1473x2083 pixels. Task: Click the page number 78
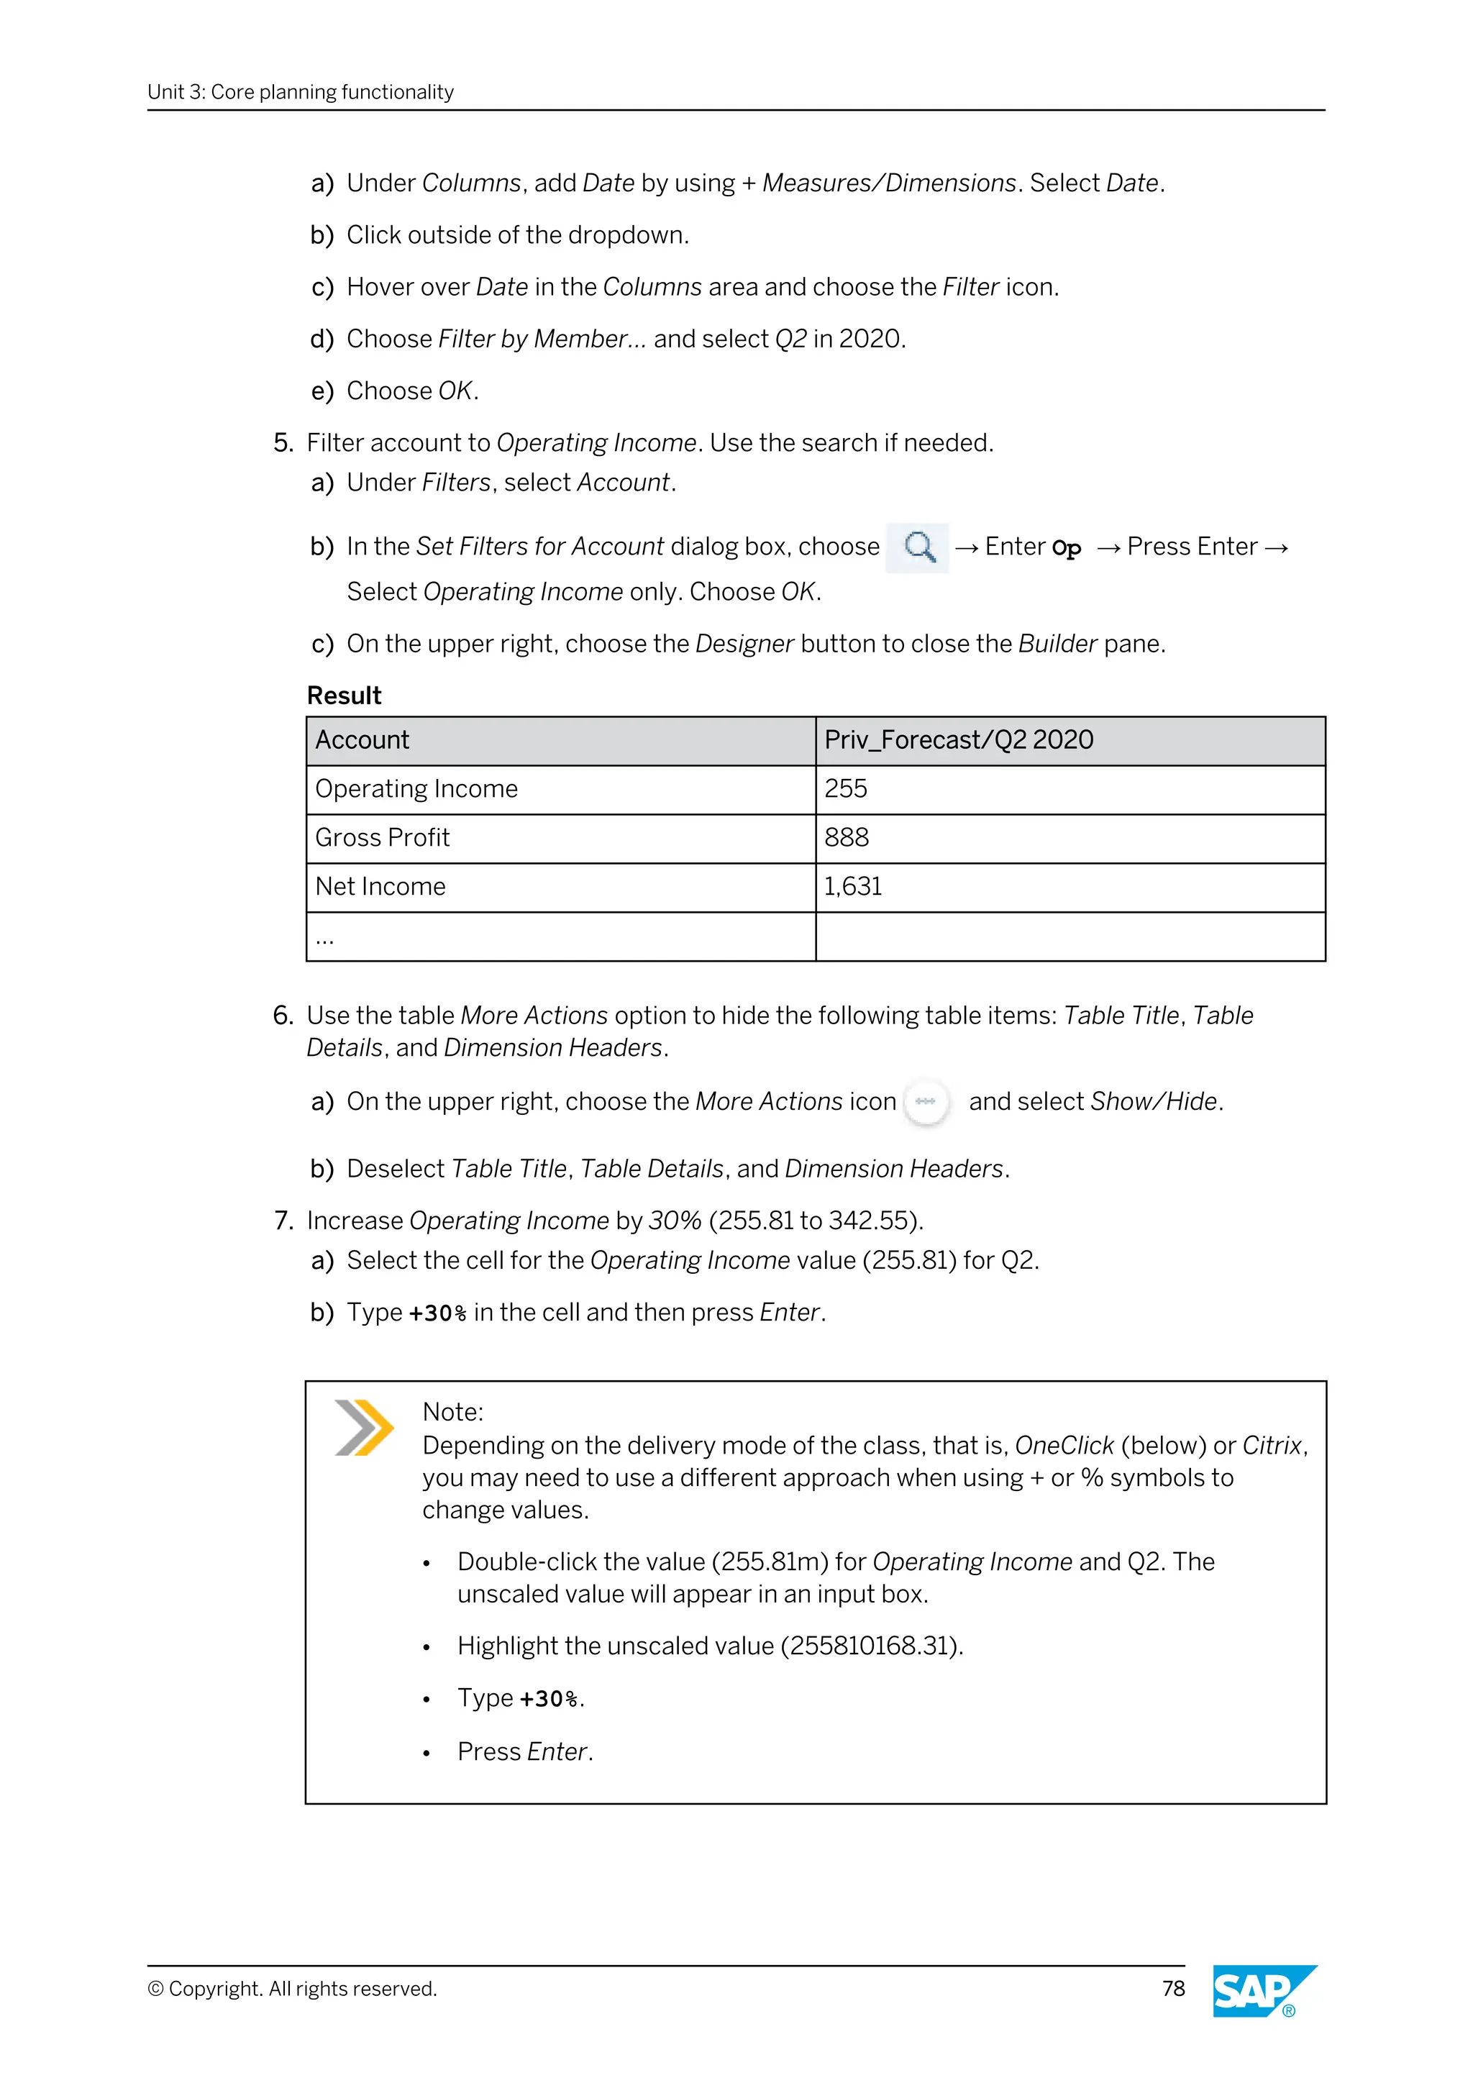pyautogui.click(x=1173, y=1989)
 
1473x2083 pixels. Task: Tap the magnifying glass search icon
pyautogui.click(x=918, y=547)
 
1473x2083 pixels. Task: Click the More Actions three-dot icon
pyautogui.click(x=925, y=1101)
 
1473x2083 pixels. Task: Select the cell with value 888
pyautogui.click(x=847, y=837)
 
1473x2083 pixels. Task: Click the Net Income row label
pyautogui.click(x=380, y=886)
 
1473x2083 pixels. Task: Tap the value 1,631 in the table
pyautogui.click(x=852, y=886)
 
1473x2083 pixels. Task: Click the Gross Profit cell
pyautogui.click(x=382, y=837)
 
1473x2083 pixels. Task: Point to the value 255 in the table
pyautogui.click(x=845, y=788)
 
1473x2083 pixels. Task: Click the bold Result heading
pyautogui.click(x=344, y=696)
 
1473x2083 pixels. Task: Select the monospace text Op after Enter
pyautogui.click(x=1066, y=549)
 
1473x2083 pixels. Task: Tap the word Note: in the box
pyautogui.click(x=452, y=1412)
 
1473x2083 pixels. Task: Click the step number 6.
pyautogui.click(x=282, y=1015)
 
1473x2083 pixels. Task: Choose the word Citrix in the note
pyautogui.click(x=1272, y=1445)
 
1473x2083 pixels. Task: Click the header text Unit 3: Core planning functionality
pyautogui.click(x=300, y=91)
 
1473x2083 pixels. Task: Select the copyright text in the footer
pyautogui.click(x=292, y=1989)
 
